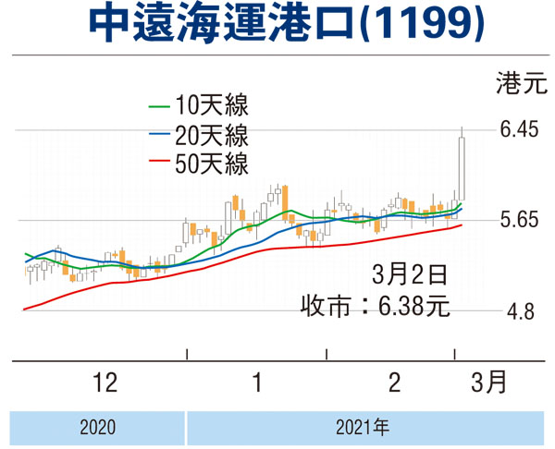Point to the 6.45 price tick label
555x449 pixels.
click(x=519, y=130)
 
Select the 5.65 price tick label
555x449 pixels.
click(x=519, y=221)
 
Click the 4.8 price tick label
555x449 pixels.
click(x=518, y=312)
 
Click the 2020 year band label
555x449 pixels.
click(x=97, y=428)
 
